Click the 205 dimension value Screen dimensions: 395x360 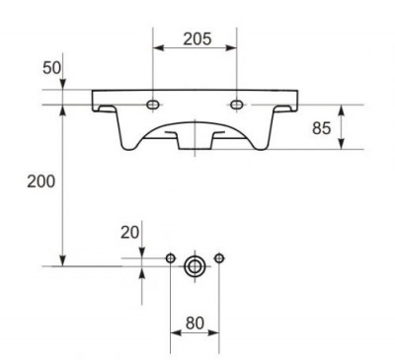197,38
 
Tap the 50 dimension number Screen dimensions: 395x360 51,68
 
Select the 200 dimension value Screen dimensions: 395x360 41,181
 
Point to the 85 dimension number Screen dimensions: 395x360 321,128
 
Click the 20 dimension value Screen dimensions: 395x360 129,233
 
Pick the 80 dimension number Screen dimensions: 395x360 195,324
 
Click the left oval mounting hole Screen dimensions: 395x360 153,105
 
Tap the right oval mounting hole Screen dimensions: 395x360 237,105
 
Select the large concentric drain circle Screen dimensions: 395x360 195,266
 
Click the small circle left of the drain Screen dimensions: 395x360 170,258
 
